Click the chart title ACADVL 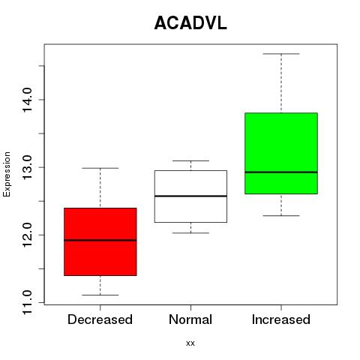point(190,23)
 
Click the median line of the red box point(100,240)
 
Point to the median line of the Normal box point(190,196)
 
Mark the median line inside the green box point(281,172)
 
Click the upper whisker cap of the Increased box point(281,54)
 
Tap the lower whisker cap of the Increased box point(281,215)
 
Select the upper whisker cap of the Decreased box point(100,168)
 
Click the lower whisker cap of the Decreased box point(100,295)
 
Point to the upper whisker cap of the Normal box point(190,160)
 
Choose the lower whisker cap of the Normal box point(190,233)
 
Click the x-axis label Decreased point(100,319)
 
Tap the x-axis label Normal point(190,319)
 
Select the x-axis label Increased point(281,319)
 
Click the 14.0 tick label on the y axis point(27,100)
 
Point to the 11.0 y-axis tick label point(27,302)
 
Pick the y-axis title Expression point(7,174)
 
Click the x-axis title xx point(190,343)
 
